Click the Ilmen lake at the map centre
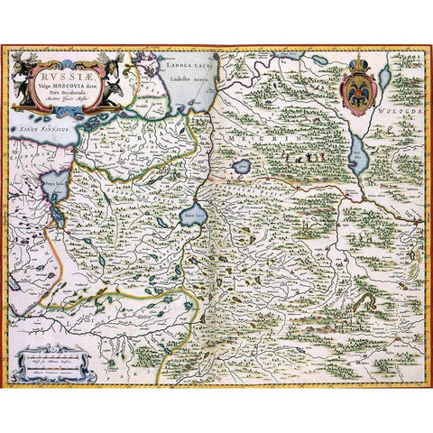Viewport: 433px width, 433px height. coord(191,217)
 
